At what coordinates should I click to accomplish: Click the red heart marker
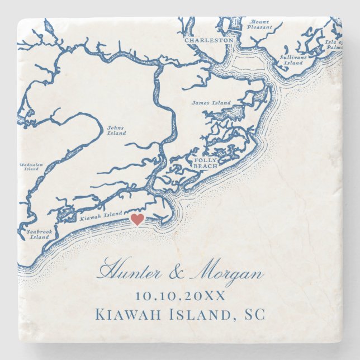click(137, 220)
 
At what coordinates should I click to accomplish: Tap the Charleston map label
click(201, 40)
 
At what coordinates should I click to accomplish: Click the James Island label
click(211, 103)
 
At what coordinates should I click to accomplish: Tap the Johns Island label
click(116, 130)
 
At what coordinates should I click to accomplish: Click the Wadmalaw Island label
click(31, 167)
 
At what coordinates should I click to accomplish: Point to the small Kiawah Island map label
click(101, 214)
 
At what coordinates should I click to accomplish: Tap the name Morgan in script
click(226, 273)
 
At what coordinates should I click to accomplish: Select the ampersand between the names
click(178, 274)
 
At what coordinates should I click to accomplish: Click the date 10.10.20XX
click(180, 296)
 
